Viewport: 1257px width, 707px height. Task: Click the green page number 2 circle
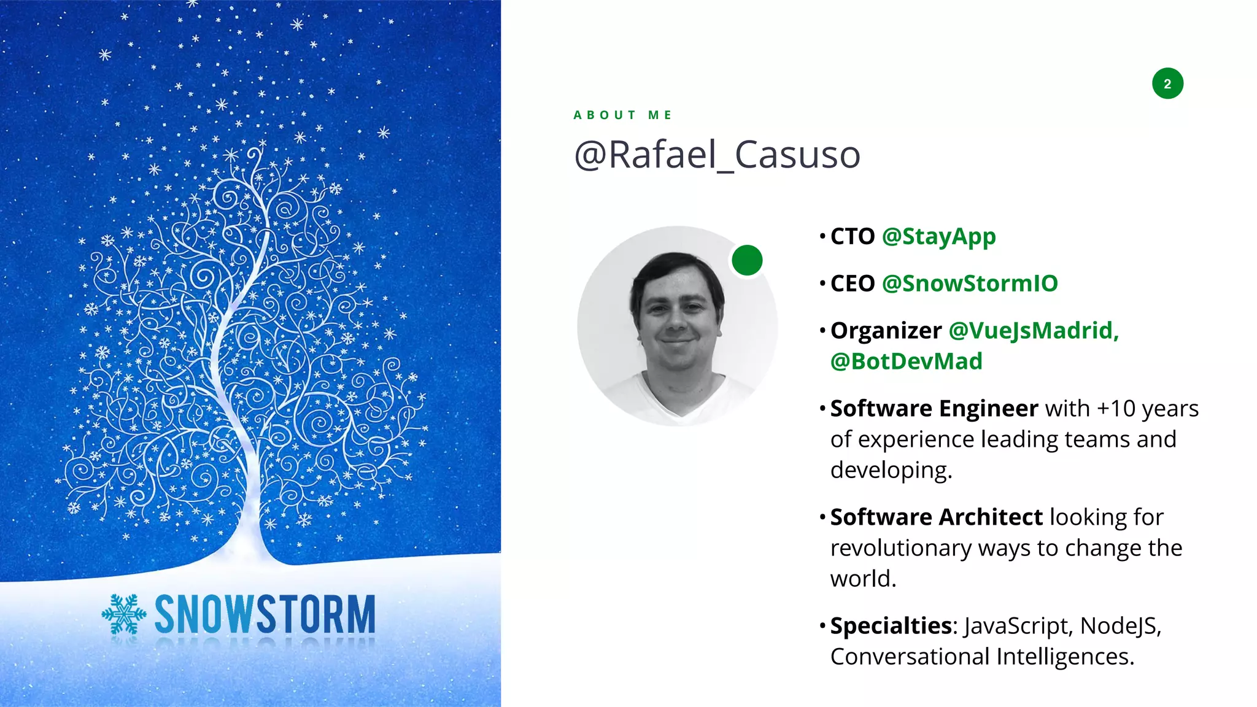[1167, 83]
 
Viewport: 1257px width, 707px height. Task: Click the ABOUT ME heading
[622, 115]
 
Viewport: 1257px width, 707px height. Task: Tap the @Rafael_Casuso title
[717, 155]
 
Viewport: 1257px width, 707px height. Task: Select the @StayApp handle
[938, 237]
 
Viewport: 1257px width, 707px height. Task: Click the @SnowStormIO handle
[970, 284]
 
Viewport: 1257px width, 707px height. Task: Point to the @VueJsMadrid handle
[1034, 331]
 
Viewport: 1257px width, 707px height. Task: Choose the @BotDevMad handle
[906, 361]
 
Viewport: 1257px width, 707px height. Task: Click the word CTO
[852, 237]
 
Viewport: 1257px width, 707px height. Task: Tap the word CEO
[852, 284]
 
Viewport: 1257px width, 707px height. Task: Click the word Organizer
[886, 331]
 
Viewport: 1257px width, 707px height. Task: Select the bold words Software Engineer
[934, 409]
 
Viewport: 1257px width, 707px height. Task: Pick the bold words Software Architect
[936, 517]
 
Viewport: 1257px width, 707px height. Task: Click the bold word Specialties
[891, 627]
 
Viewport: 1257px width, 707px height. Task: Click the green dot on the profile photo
[747, 260]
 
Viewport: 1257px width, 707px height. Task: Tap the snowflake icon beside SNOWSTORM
[124, 614]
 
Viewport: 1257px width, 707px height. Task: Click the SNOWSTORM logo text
[265, 614]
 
